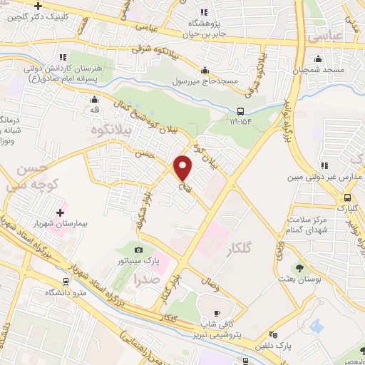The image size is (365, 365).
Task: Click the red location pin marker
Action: tap(184, 168)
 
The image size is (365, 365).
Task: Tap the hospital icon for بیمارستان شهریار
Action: tap(60, 211)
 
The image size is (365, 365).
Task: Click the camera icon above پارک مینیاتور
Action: tap(138, 250)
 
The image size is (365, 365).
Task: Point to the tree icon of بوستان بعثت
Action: tap(302, 269)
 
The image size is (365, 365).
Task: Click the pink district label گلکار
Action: tap(240, 250)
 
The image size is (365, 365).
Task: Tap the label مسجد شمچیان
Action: tap(327, 71)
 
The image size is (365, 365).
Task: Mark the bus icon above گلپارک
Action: tap(347, 197)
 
